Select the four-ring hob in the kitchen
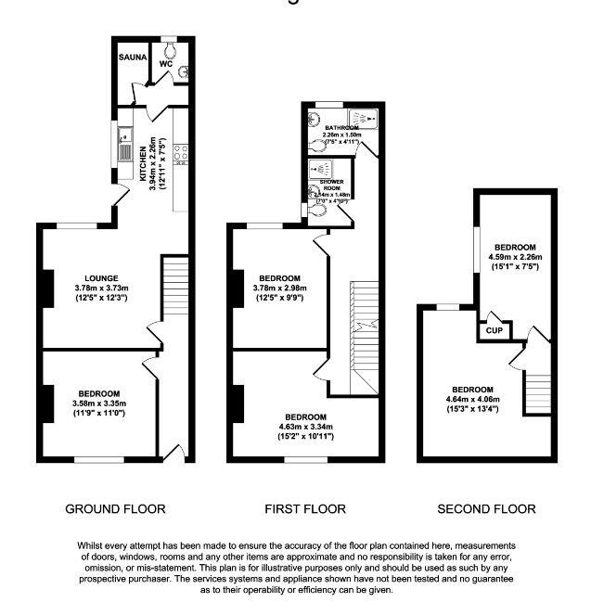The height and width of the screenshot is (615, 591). pyautogui.click(x=181, y=148)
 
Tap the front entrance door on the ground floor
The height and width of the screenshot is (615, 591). pyautogui.click(x=173, y=453)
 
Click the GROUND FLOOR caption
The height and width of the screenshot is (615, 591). pyautogui.click(x=115, y=508)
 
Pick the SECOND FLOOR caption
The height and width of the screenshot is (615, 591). pyautogui.click(x=486, y=508)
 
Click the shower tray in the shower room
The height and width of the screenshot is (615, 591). pyautogui.click(x=321, y=170)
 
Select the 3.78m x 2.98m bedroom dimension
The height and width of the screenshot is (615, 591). pyautogui.click(x=279, y=288)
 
